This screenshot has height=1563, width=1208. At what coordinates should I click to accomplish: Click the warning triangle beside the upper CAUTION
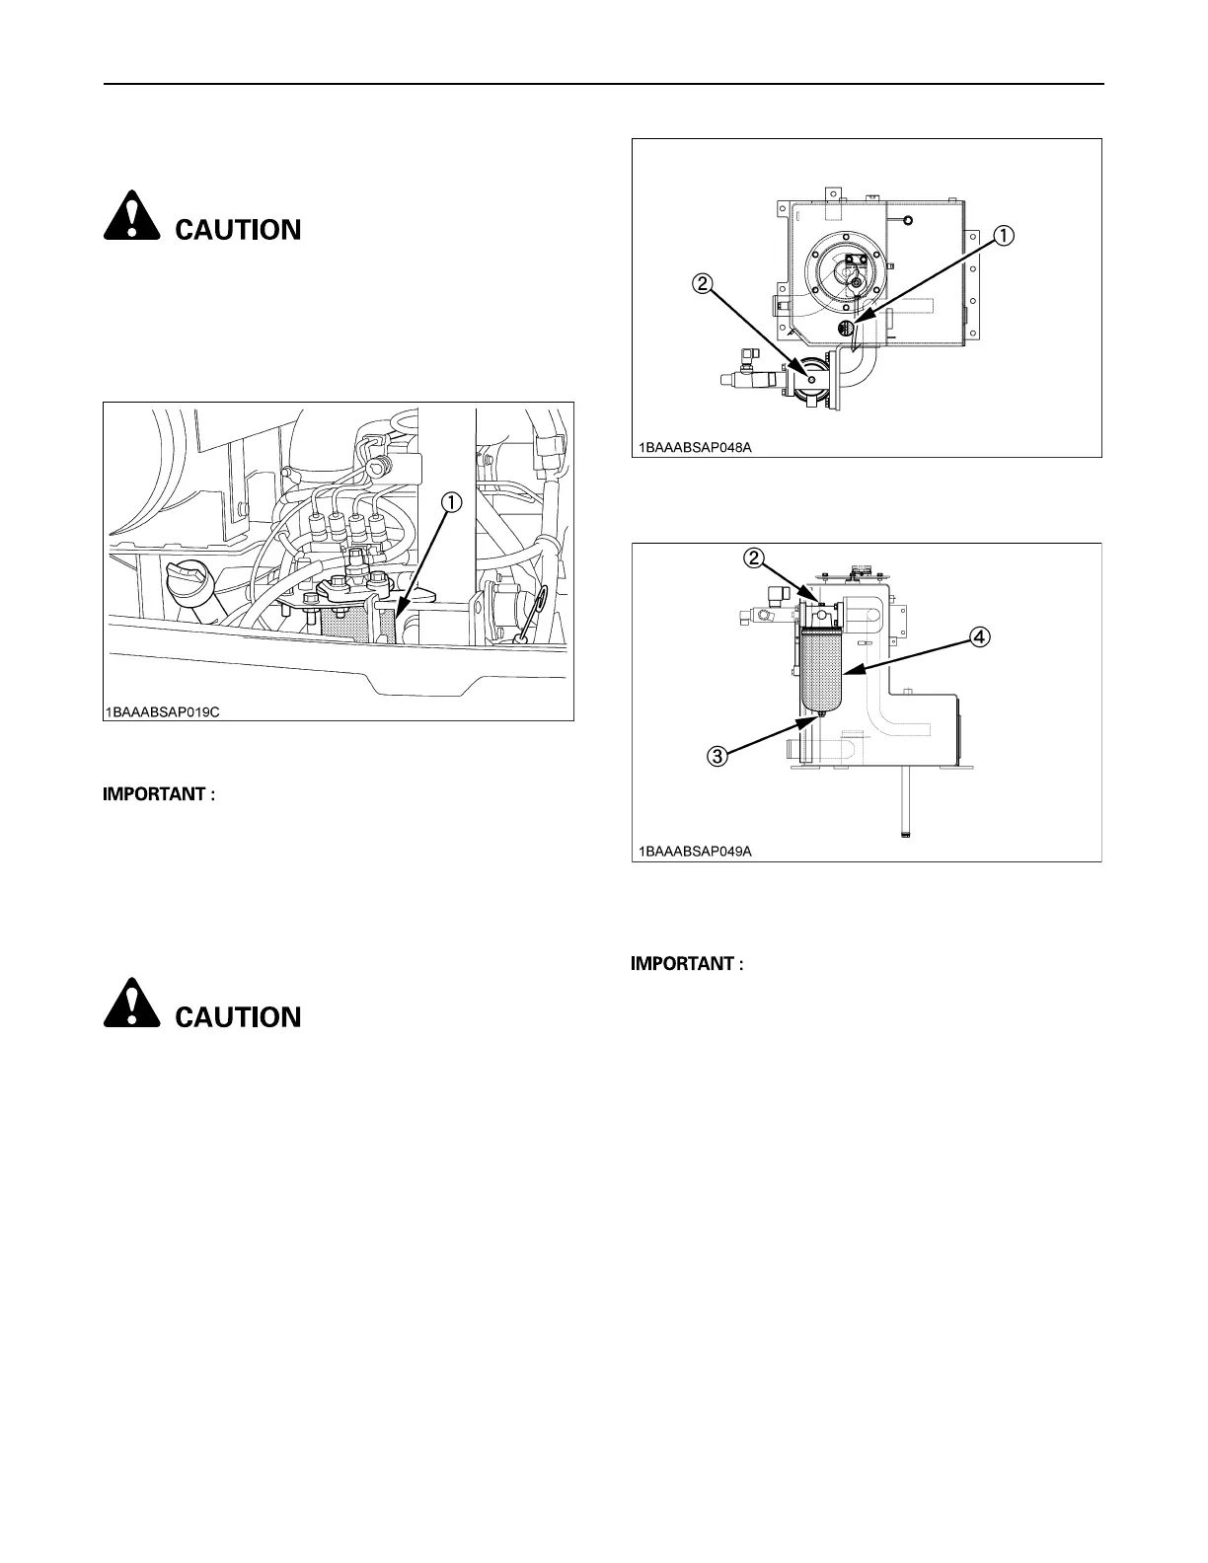pyautogui.click(x=133, y=218)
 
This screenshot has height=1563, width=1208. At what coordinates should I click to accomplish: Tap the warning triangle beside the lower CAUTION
pyautogui.click(x=133, y=1005)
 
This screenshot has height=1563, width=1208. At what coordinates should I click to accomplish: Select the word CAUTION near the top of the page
pyautogui.click(x=238, y=230)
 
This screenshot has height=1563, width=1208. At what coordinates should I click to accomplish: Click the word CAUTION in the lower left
pyautogui.click(x=238, y=1017)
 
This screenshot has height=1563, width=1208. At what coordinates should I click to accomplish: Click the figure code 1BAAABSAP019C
pyautogui.click(x=163, y=709)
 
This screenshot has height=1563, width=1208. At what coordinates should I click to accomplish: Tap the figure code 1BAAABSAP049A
pyautogui.click(x=691, y=851)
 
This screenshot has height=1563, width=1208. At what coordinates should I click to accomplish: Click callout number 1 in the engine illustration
pyautogui.click(x=452, y=504)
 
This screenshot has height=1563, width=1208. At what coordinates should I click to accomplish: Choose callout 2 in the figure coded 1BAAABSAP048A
pyautogui.click(x=702, y=284)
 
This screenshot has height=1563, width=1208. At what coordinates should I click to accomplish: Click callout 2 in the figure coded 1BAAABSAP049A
pyautogui.click(x=752, y=558)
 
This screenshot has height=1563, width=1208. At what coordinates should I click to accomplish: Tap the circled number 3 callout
pyautogui.click(x=717, y=757)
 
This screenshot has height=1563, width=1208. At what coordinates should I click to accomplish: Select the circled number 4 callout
pyautogui.click(x=977, y=637)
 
